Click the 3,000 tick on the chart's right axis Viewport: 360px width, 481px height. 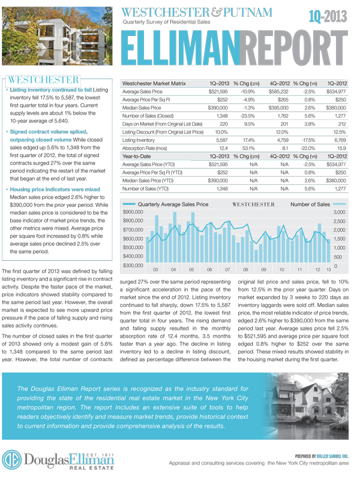[x=339, y=213]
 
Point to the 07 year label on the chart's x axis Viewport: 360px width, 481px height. [x=227, y=270]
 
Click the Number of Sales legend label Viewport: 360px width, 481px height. [x=310, y=205]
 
